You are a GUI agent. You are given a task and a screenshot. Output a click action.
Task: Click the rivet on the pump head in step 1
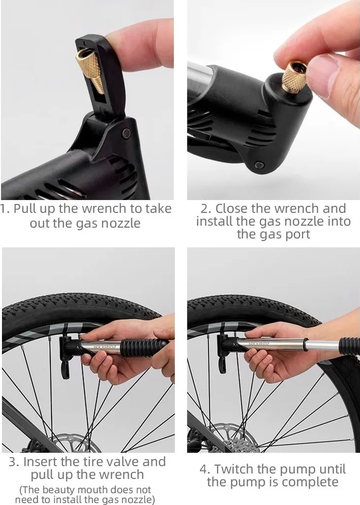click(x=127, y=133)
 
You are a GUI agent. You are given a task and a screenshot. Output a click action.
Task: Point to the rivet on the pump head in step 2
click(x=259, y=166)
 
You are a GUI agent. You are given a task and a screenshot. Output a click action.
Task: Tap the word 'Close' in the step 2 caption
click(x=232, y=209)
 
